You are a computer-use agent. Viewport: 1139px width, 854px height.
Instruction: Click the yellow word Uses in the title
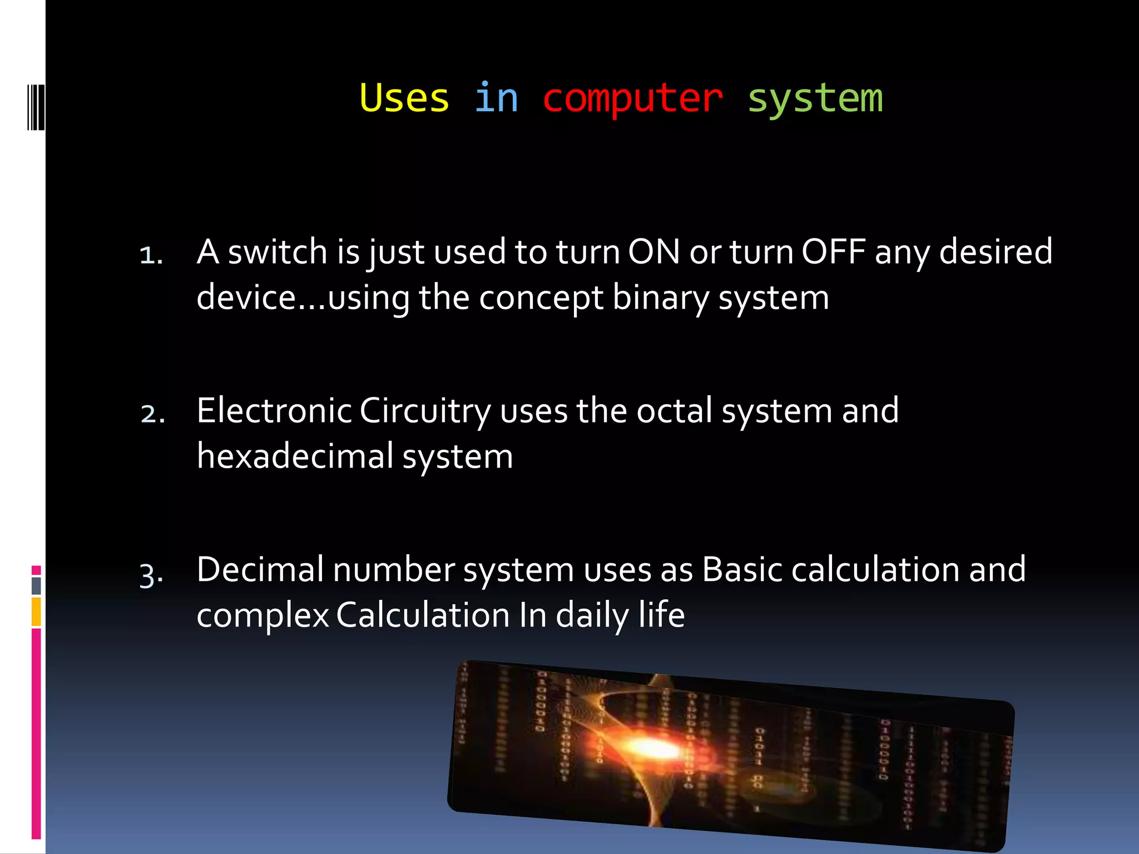click(404, 98)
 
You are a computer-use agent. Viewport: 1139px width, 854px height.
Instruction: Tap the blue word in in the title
click(496, 98)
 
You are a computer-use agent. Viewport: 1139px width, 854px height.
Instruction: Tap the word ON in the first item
click(654, 252)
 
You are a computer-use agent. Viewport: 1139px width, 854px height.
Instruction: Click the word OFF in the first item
click(833, 252)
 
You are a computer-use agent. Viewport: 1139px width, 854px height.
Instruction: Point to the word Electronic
click(274, 411)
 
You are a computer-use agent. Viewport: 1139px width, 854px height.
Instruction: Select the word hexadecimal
click(295, 456)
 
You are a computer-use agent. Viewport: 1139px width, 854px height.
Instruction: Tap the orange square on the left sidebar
click(36, 612)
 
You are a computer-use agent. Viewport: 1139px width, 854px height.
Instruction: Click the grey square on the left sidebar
click(36, 585)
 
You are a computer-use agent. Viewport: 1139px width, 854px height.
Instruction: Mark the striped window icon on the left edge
click(36, 107)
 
